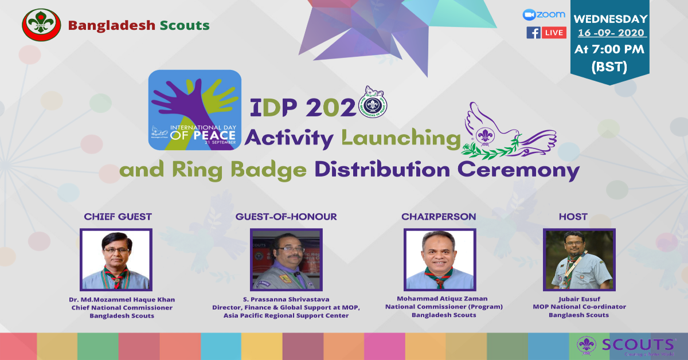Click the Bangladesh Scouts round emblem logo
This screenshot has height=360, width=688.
click(41, 25)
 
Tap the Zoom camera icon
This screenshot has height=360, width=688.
click(529, 14)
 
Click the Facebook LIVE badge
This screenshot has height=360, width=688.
click(546, 33)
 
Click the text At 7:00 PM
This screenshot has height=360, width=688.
click(610, 49)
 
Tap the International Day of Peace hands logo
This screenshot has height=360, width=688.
click(195, 109)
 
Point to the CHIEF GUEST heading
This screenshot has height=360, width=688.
click(118, 217)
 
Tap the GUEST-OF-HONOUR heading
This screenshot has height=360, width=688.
click(286, 217)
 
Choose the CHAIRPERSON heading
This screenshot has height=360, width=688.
click(439, 217)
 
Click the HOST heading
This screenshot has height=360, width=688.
click(573, 217)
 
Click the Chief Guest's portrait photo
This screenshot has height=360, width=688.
click(116, 259)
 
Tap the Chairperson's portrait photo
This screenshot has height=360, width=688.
click(439, 259)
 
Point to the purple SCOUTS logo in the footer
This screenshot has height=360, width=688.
click(626, 345)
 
